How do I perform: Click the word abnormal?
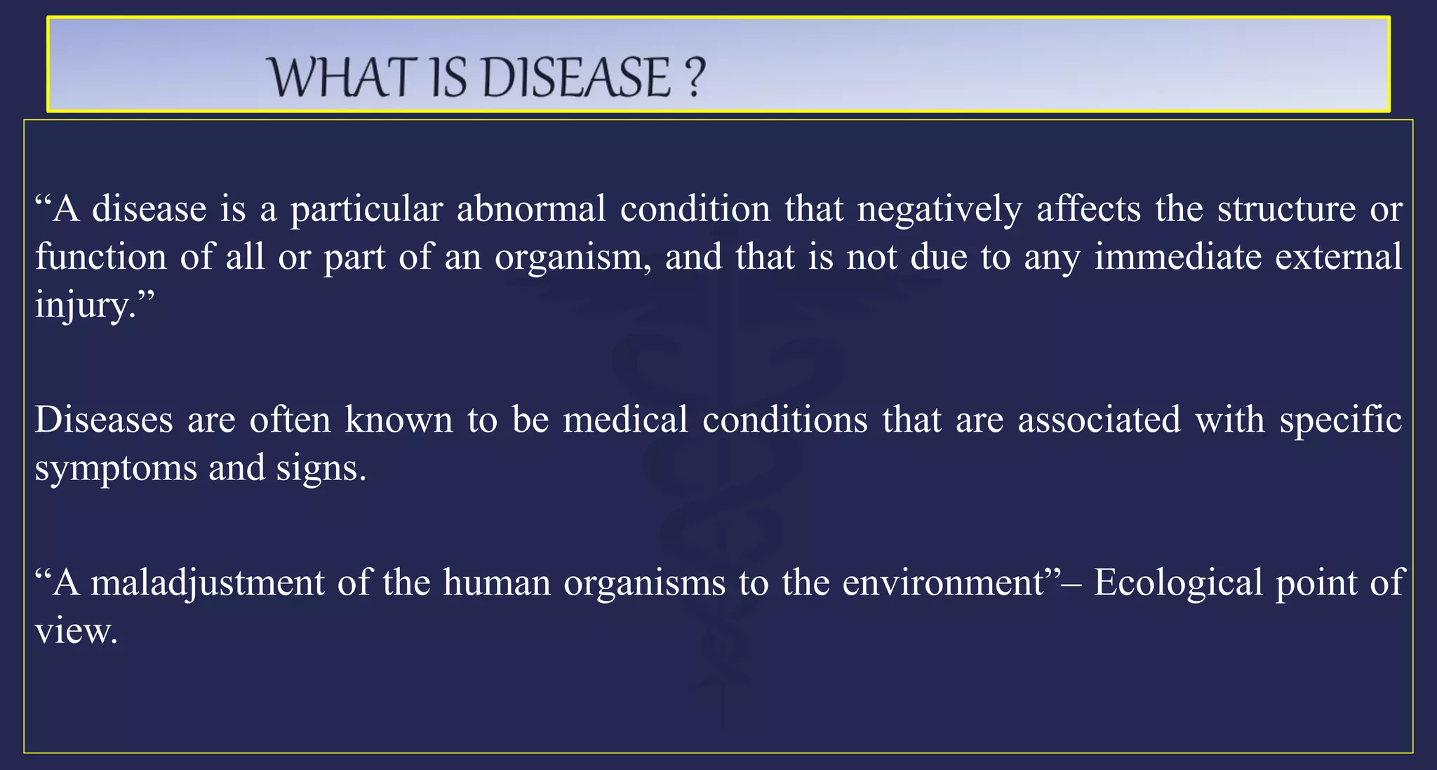[531, 209]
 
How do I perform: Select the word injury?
[84, 305]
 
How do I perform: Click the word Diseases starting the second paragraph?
[104, 420]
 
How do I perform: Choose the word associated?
[1100, 420]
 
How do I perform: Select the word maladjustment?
[208, 583]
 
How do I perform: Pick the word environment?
[944, 583]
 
